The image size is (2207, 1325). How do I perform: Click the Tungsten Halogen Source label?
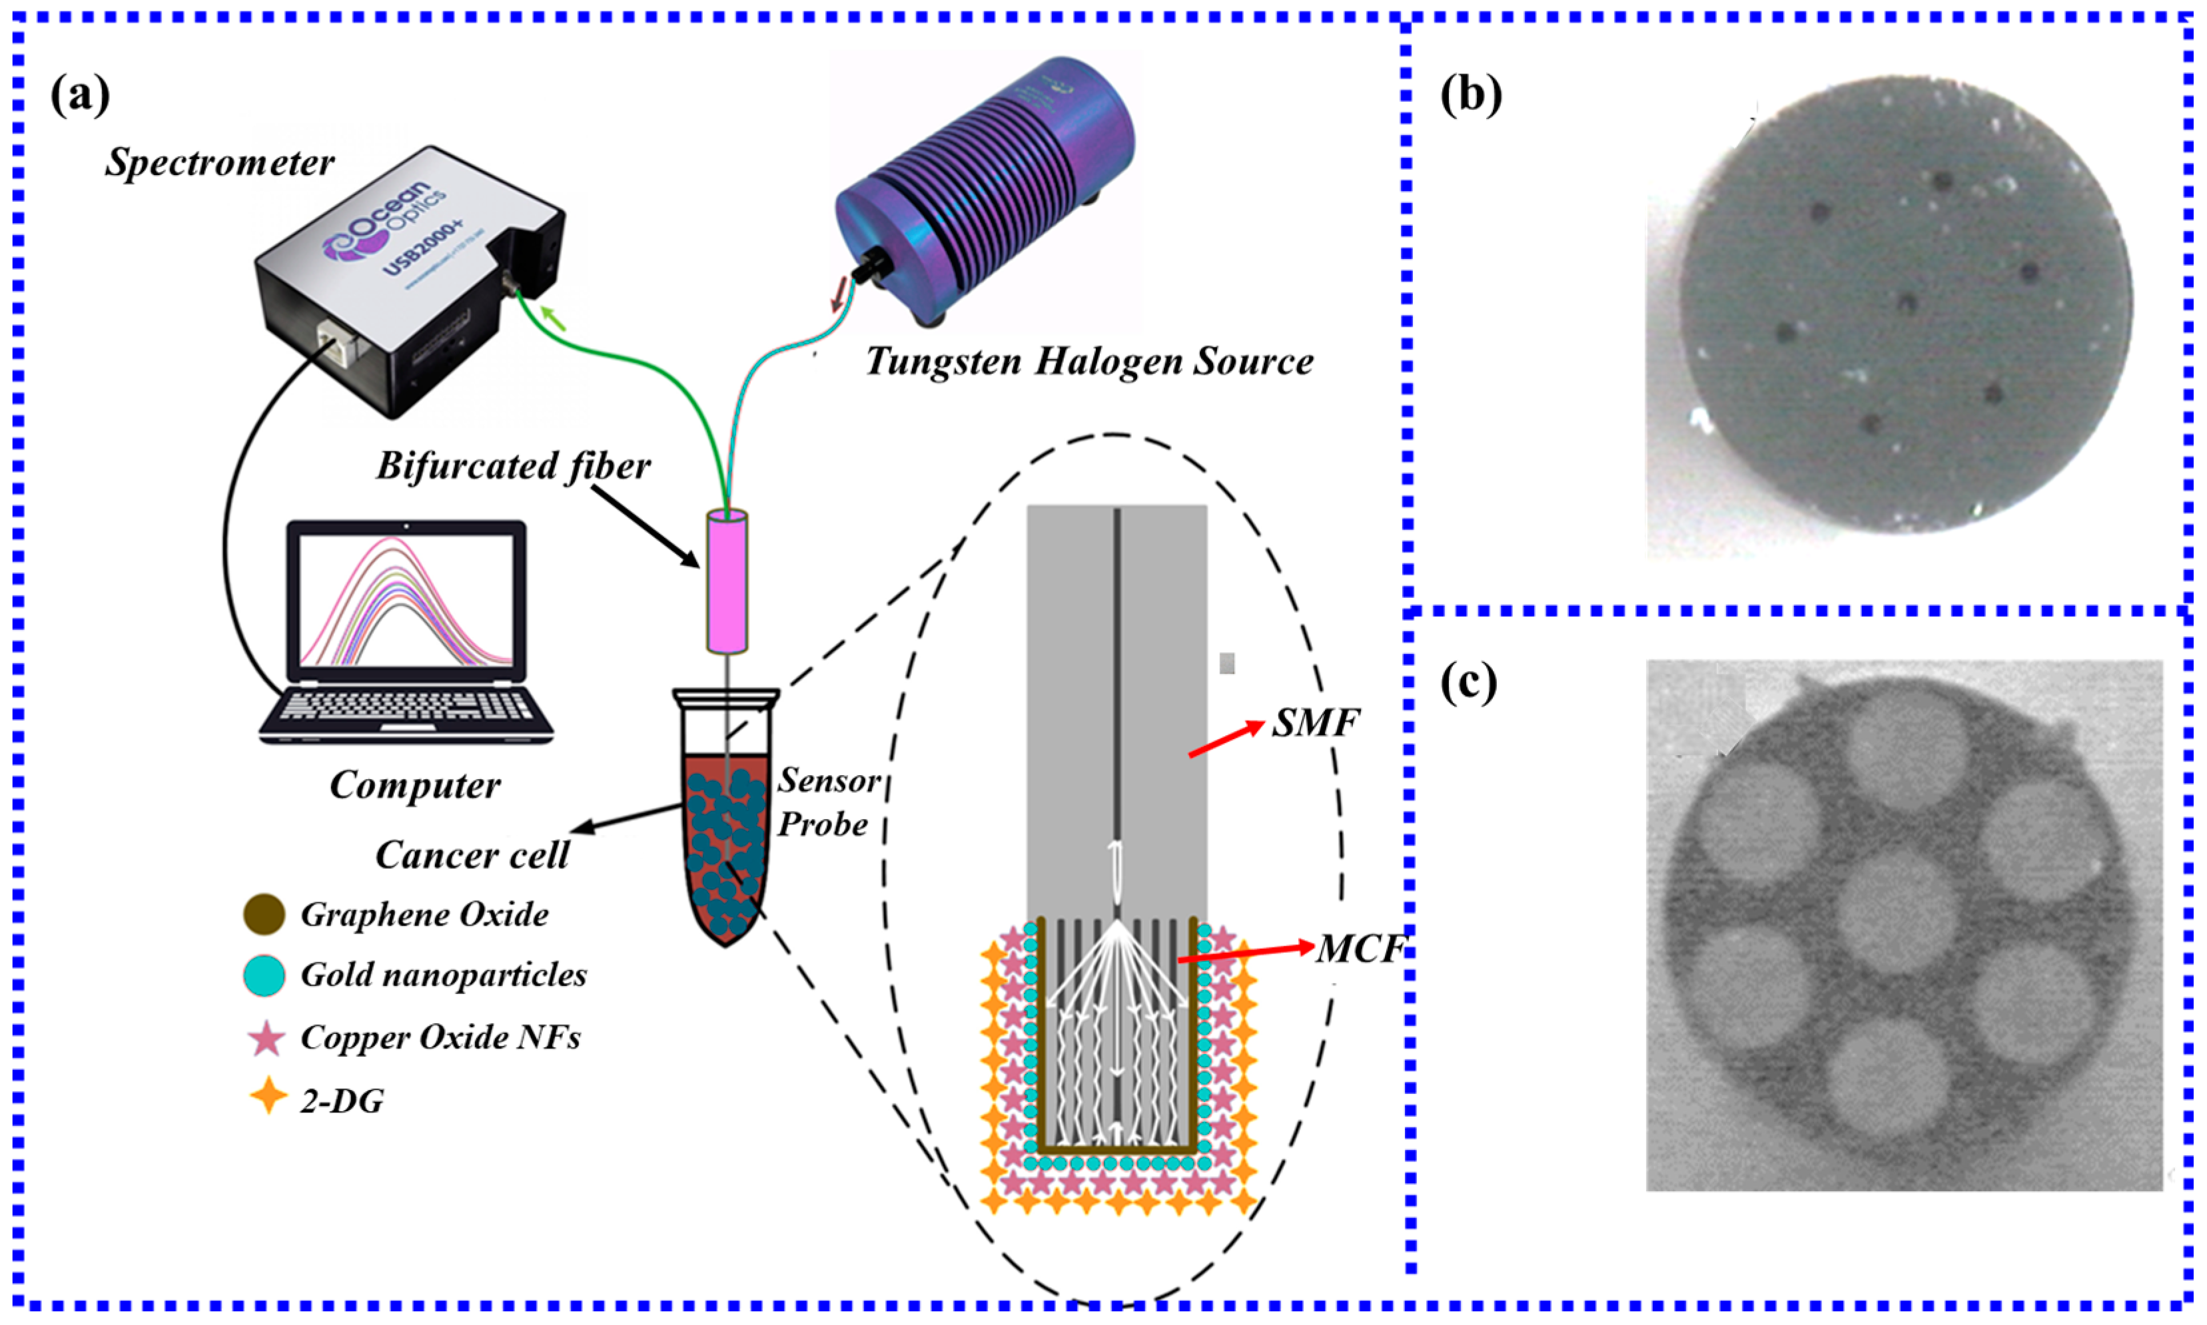1089,362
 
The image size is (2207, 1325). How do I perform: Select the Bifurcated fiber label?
513,466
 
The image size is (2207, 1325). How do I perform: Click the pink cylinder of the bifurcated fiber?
726,581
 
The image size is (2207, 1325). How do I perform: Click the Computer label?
414,786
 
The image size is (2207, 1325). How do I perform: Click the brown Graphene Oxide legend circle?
264,914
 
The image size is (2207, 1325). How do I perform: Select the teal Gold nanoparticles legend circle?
264,975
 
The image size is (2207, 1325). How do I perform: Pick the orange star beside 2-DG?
267,1095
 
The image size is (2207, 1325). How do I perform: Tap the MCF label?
1360,949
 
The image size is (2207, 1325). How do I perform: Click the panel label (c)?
1468,683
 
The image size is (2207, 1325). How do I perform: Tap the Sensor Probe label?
825,802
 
